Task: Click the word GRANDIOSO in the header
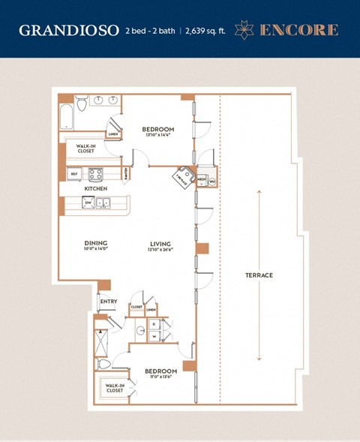point(69,30)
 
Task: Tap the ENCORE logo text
point(298,30)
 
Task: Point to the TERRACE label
point(259,275)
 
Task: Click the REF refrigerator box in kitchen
point(74,174)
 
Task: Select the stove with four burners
point(97,174)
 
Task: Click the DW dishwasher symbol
point(88,203)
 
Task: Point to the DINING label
point(96,243)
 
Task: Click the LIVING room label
point(160,243)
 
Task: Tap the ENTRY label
point(109,302)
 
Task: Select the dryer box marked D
point(154,324)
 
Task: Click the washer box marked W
point(154,336)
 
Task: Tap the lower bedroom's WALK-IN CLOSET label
point(115,389)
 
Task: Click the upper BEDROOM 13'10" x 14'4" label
point(158,131)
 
